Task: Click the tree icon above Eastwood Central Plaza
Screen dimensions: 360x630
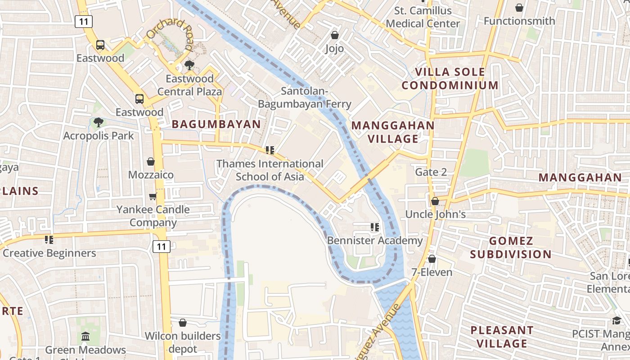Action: (x=189, y=65)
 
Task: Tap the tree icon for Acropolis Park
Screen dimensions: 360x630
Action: (x=98, y=122)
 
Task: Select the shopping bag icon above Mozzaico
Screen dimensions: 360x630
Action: (x=151, y=161)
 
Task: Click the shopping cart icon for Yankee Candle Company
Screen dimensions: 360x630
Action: (x=153, y=196)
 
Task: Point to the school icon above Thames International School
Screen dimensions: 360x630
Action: (x=270, y=150)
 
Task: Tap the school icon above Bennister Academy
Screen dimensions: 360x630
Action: (x=374, y=227)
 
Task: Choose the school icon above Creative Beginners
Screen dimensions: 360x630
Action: (x=49, y=239)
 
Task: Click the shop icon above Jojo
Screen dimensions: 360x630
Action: (x=334, y=35)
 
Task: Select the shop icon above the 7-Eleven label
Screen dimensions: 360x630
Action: (x=432, y=259)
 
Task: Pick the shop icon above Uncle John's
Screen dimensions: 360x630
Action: (x=435, y=201)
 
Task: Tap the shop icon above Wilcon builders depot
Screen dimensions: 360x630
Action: (x=182, y=323)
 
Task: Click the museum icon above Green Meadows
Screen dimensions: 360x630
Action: (x=85, y=336)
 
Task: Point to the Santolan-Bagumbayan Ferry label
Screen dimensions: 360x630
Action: (x=304, y=98)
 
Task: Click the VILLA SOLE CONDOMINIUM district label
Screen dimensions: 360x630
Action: (x=450, y=79)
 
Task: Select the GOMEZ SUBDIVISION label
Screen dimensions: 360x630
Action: (x=511, y=247)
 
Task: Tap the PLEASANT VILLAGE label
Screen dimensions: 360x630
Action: (x=502, y=337)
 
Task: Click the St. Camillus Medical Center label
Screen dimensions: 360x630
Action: (x=423, y=17)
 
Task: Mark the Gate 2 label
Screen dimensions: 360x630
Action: (x=431, y=172)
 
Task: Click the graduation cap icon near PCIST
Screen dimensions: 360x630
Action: (x=616, y=320)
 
